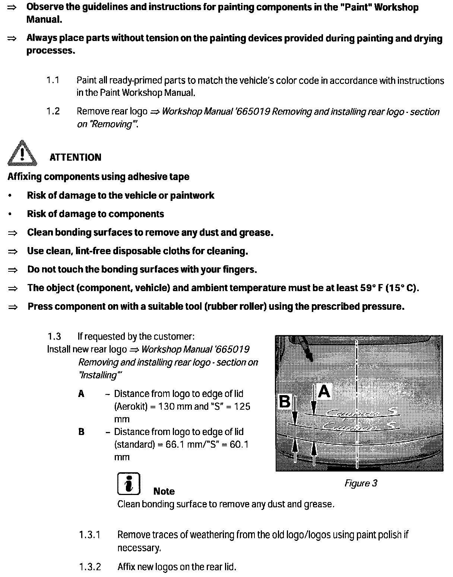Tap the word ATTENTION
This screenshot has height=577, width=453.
coord(75,157)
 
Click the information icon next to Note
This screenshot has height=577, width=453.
coord(129,484)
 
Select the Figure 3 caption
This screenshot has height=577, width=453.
coord(361,483)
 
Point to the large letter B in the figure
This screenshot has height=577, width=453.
coord(285,402)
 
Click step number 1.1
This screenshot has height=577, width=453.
coord(53,80)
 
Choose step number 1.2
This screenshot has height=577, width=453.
coord(53,111)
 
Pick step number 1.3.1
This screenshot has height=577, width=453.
coord(90,535)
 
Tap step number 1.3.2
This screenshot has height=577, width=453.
coord(90,567)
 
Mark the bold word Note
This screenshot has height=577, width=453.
coord(164,491)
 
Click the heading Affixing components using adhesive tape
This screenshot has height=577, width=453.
coord(98,177)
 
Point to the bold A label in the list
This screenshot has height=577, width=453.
coord(81,394)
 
